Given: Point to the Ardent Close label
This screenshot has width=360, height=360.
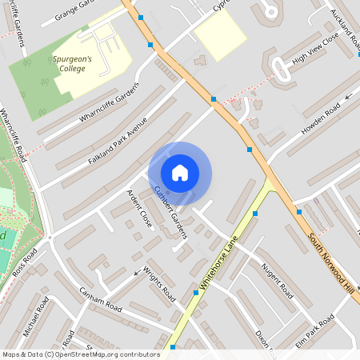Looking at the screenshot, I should pos(139,208).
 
